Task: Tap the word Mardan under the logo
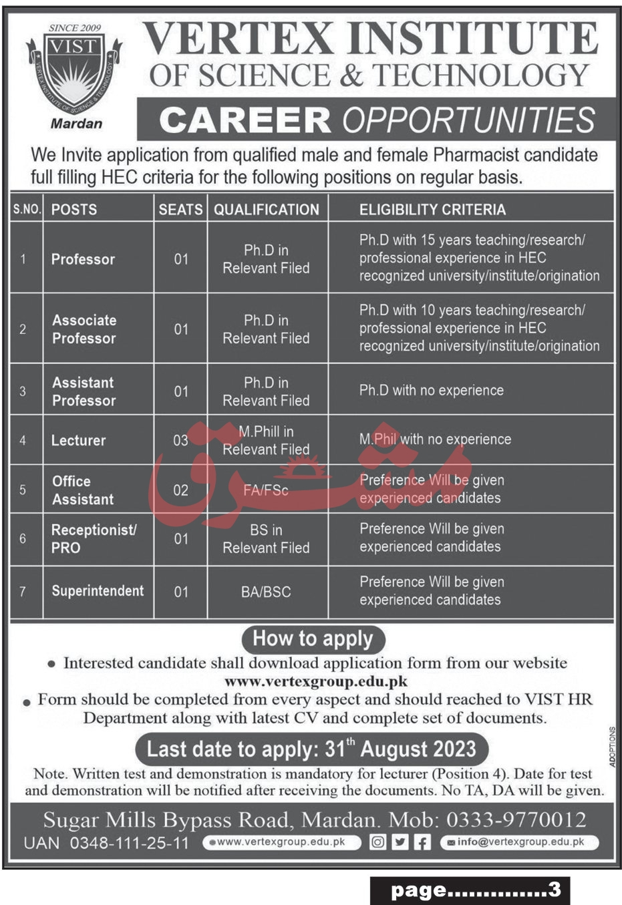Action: pyautogui.click(x=77, y=124)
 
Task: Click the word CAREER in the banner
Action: pyautogui.click(x=245, y=120)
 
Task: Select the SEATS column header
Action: pyautogui.click(x=180, y=210)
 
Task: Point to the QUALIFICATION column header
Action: pyautogui.click(x=267, y=210)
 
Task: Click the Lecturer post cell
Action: pyautogui.click(x=79, y=440)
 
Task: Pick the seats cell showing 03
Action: pyautogui.click(x=180, y=440)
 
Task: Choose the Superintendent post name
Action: pyautogui.click(x=98, y=591)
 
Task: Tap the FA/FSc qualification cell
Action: pyautogui.click(x=266, y=490)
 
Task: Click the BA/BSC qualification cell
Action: pyautogui.click(x=266, y=592)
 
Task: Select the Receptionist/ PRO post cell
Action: pyautogui.click(x=94, y=538)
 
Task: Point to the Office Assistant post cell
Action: pyautogui.click(x=83, y=490)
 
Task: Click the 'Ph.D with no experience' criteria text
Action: pyautogui.click(x=431, y=391)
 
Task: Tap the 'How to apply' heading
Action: pyautogui.click(x=313, y=639)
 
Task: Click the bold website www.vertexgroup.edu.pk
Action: pyautogui.click(x=315, y=682)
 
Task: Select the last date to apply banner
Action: pyautogui.click(x=311, y=749)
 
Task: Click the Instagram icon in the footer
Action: pyautogui.click(x=378, y=842)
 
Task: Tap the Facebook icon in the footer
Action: pyautogui.click(x=422, y=842)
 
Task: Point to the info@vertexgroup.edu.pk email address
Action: pyautogui.click(x=519, y=842)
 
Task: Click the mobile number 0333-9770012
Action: pyautogui.click(x=516, y=820)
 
